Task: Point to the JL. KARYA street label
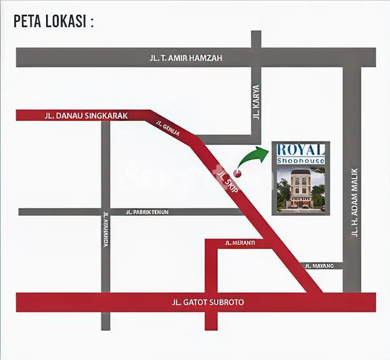pyautogui.click(x=256, y=101)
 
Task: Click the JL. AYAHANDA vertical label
pyautogui.click(x=104, y=231)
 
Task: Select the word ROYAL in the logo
pyautogui.click(x=300, y=149)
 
